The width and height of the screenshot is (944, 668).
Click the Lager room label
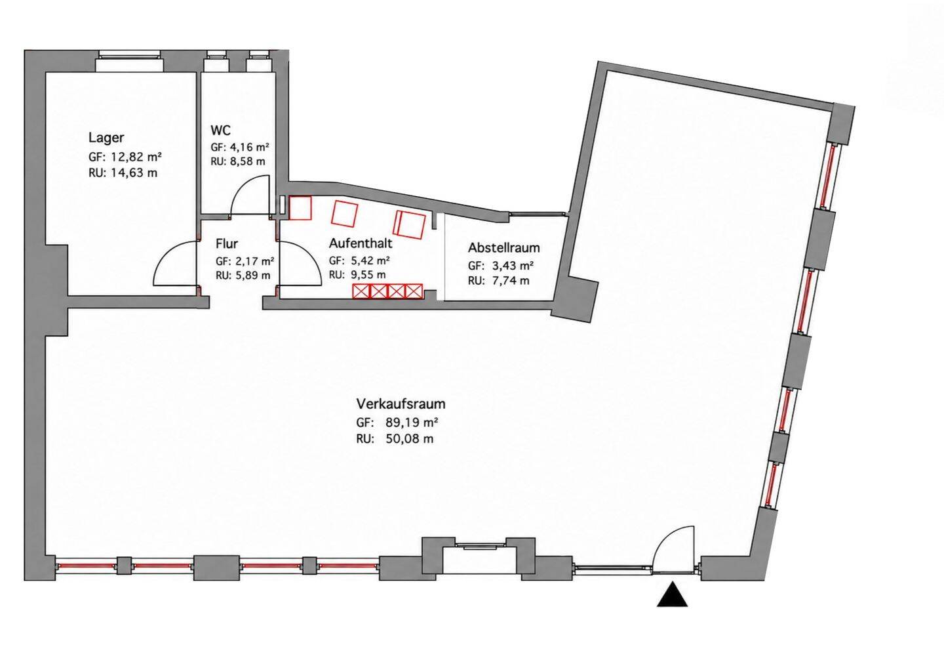click(x=106, y=138)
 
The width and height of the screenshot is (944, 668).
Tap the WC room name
click(x=220, y=131)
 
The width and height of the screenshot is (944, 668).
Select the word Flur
click(x=227, y=243)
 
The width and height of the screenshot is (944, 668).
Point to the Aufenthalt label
click(x=361, y=243)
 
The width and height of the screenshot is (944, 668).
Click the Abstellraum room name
click(x=503, y=247)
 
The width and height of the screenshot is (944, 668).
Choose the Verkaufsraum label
click(x=401, y=404)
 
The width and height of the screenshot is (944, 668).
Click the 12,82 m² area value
click(x=136, y=157)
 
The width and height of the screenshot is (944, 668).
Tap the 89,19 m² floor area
click(x=411, y=422)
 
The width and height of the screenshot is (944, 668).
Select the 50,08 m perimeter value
click(x=409, y=439)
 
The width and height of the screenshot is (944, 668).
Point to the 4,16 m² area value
click(x=248, y=147)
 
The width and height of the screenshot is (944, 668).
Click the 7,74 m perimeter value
click(x=510, y=280)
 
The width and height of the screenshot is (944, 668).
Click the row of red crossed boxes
click(x=387, y=291)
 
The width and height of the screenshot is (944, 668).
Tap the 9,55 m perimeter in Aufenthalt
click(x=368, y=275)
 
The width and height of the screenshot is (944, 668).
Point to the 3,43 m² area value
click(x=513, y=266)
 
